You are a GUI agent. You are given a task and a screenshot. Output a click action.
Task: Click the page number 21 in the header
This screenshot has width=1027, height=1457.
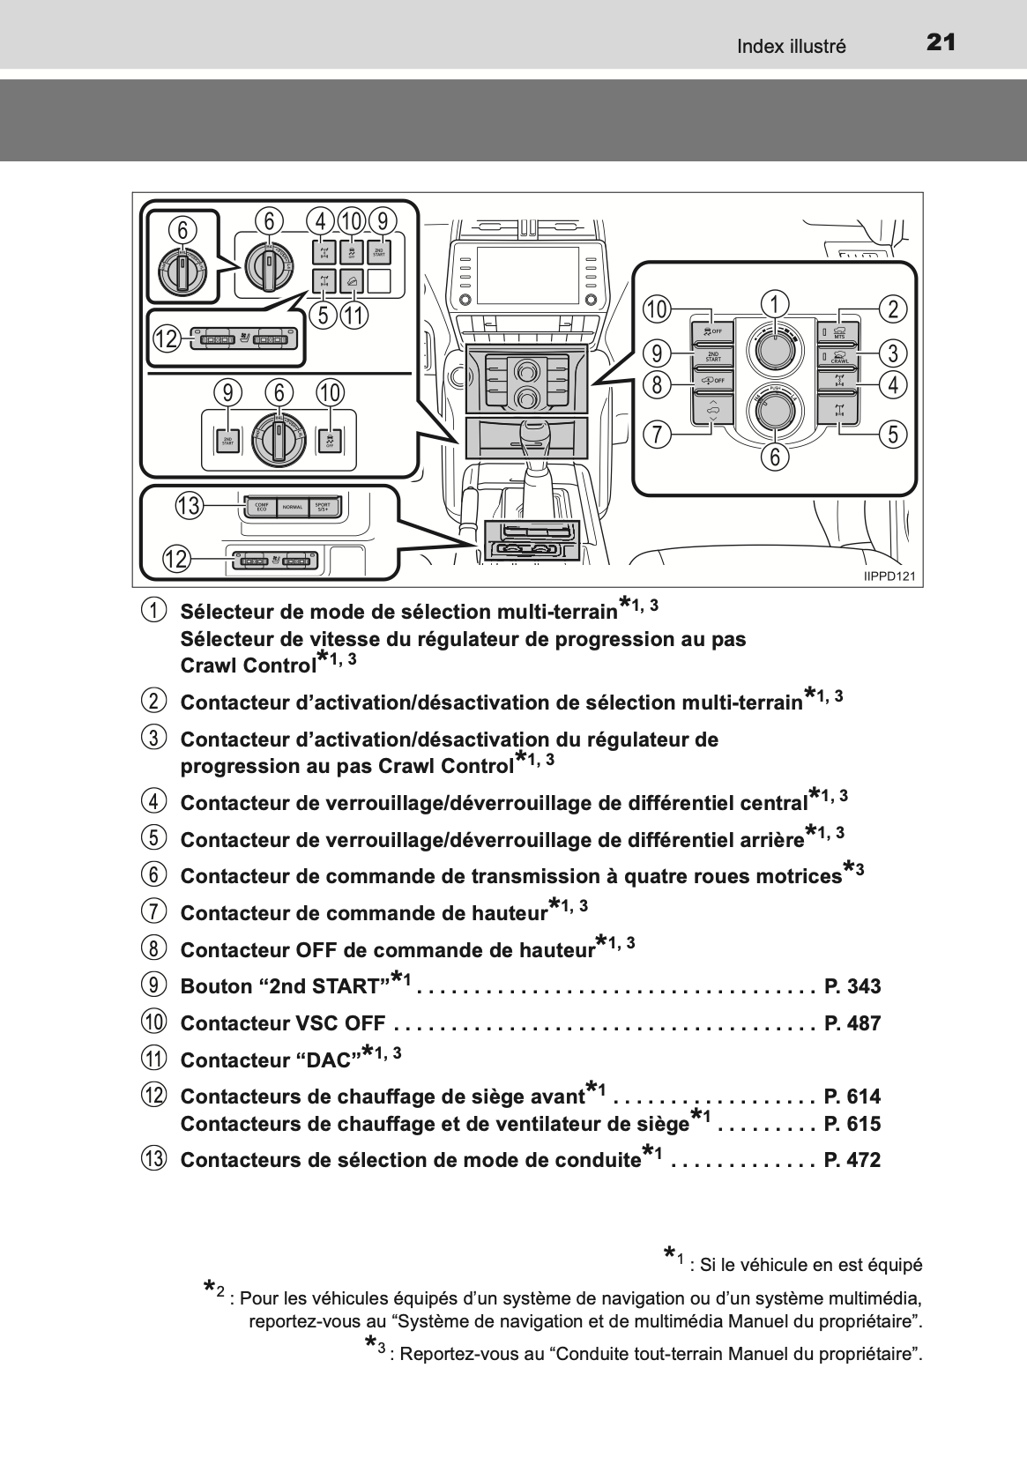pyautogui.click(x=941, y=43)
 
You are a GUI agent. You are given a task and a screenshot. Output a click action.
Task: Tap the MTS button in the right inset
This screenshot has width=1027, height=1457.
pyautogui.click(x=838, y=331)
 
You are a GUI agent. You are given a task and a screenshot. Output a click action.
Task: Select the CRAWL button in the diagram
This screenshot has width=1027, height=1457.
pyautogui.click(x=838, y=357)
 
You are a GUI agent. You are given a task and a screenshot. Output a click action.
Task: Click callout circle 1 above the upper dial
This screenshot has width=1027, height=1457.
pyautogui.click(x=775, y=305)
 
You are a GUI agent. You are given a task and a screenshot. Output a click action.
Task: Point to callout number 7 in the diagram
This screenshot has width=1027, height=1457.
pyautogui.click(x=657, y=434)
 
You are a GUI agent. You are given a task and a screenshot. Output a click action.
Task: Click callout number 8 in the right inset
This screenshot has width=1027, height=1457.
pyautogui.click(x=657, y=384)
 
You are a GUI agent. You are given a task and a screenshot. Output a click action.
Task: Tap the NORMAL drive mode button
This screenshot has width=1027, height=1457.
pyautogui.click(x=293, y=507)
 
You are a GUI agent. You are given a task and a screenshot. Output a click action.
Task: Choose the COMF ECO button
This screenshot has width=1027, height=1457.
pyautogui.click(x=261, y=507)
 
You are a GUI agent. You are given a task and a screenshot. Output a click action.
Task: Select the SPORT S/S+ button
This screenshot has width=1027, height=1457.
pyautogui.click(x=323, y=507)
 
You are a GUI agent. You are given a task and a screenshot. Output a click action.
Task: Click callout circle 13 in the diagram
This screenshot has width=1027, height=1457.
pyautogui.click(x=189, y=506)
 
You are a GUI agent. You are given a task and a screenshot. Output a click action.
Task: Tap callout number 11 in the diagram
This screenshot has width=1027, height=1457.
pyautogui.click(x=353, y=315)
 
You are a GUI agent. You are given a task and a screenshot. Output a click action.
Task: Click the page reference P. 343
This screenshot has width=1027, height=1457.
pyautogui.click(x=852, y=986)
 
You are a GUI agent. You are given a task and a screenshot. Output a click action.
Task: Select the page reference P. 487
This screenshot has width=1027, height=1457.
pyautogui.click(x=852, y=1023)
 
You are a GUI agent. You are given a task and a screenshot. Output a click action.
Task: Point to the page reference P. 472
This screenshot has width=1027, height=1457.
pyautogui.click(x=852, y=1160)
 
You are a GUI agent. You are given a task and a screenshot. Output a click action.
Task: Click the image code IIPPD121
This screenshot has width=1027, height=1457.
pyautogui.click(x=889, y=576)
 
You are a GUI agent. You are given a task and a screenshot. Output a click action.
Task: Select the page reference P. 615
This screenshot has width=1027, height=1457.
pyautogui.click(x=852, y=1124)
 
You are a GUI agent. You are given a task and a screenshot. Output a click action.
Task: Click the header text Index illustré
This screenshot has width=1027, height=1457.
pyautogui.click(x=791, y=47)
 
